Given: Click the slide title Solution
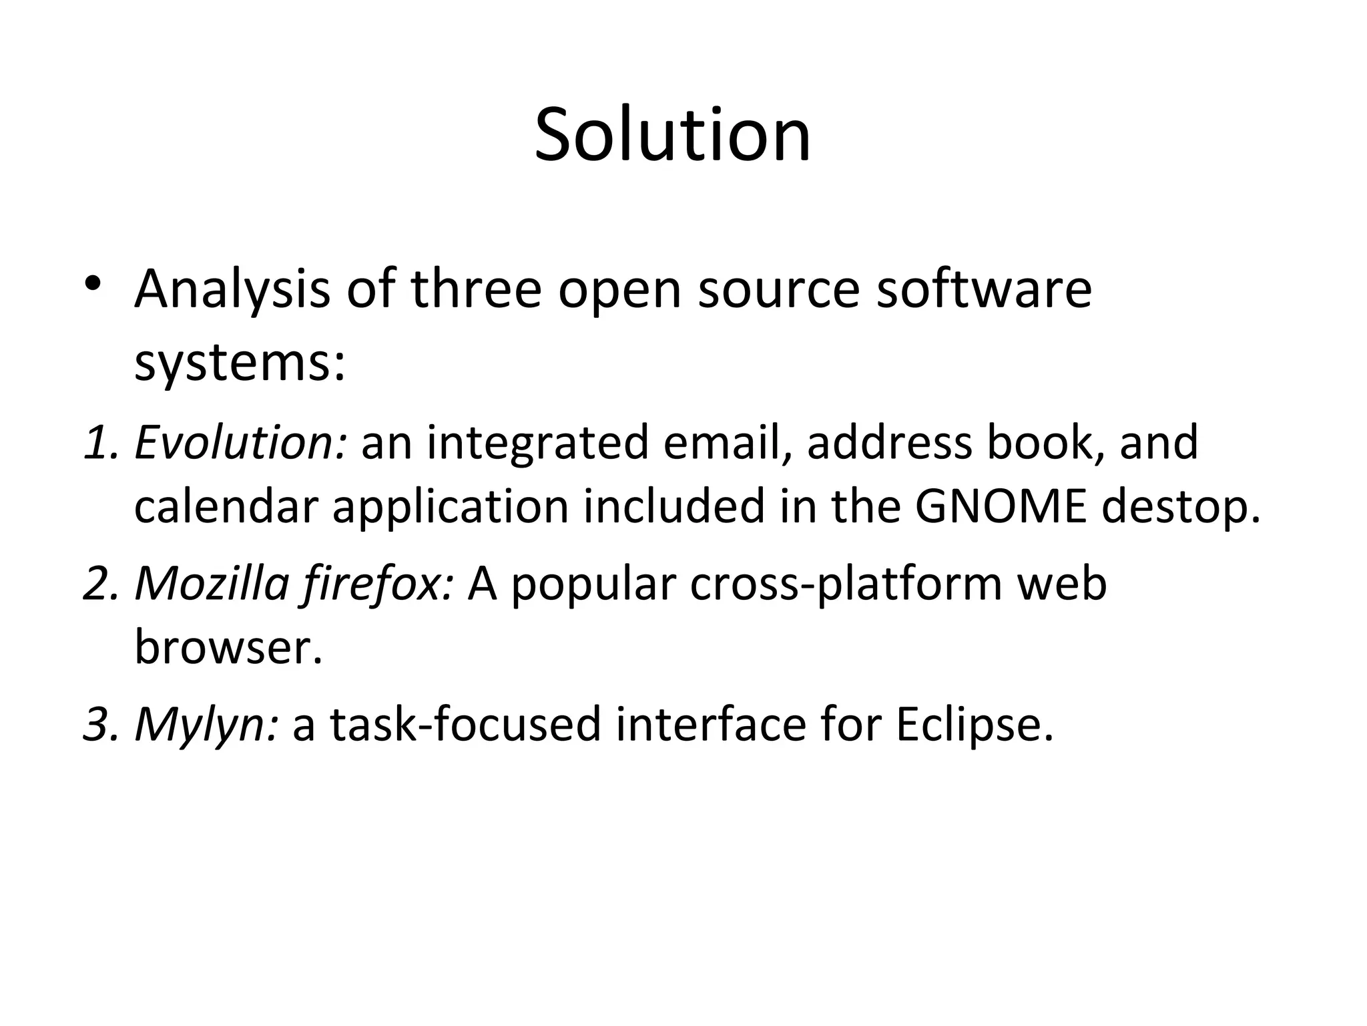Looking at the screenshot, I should [673, 136].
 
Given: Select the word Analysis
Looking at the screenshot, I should [232, 290].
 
